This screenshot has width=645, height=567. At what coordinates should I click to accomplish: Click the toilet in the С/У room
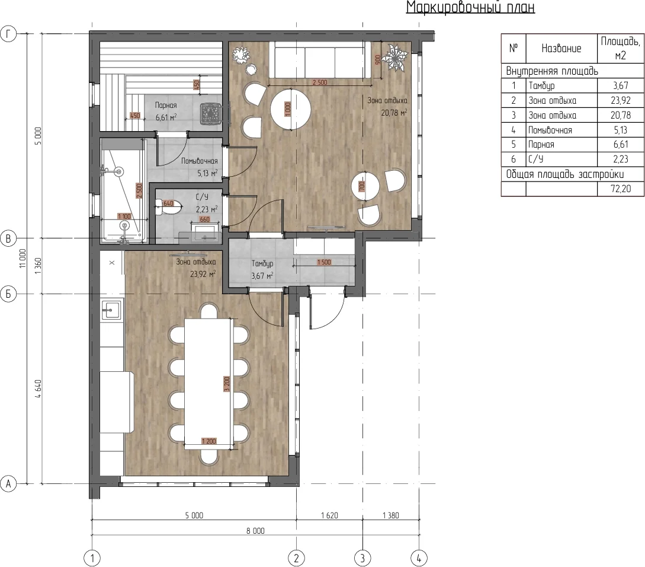[168, 208]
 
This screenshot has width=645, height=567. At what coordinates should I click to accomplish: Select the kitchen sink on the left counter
[111, 310]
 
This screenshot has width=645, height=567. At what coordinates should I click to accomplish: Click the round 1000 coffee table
[290, 110]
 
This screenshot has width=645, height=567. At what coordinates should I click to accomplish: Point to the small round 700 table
[365, 186]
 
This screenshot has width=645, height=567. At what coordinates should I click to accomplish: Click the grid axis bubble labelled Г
[9, 34]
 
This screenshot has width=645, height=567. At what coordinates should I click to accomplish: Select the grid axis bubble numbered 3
[362, 558]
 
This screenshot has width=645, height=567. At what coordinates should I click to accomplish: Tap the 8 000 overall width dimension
[255, 531]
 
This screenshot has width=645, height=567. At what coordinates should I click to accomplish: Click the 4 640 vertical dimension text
[38, 389]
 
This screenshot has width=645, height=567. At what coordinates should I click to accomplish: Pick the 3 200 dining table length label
[226, 384]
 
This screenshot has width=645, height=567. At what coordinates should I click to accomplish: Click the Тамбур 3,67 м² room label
[262, 269]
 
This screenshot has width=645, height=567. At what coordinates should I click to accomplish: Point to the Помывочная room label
[200, 161]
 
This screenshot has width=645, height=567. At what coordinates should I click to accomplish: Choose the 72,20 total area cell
[620, 189]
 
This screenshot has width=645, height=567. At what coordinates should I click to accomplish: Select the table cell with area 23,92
[620, 100]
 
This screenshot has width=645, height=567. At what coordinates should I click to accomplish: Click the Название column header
[561, 48]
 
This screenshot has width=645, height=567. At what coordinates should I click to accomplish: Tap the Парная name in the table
[541, 145]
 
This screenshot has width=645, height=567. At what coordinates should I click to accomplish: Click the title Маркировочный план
[471, 7]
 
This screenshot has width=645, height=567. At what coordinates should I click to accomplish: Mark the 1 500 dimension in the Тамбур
[324, 262]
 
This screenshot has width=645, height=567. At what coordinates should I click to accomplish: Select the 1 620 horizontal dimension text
[329, 515]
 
